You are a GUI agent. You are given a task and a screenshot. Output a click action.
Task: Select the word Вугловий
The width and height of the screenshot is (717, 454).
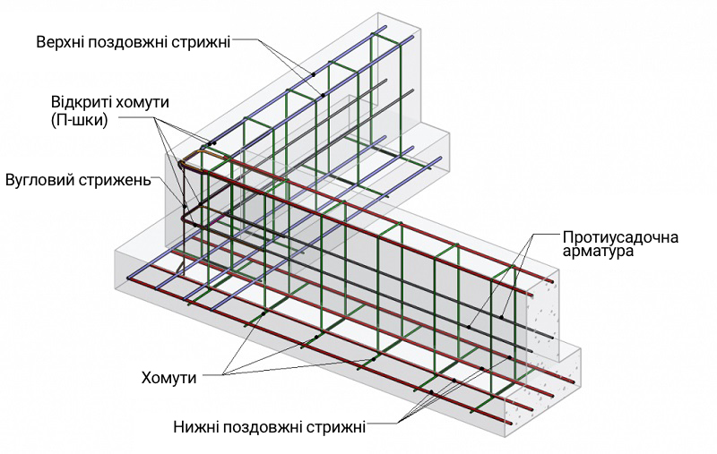click(40, 179)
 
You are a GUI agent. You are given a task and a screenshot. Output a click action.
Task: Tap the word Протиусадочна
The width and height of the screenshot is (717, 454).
click(620, 237)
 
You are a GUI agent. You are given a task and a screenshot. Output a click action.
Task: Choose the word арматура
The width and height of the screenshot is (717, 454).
click(598, 252)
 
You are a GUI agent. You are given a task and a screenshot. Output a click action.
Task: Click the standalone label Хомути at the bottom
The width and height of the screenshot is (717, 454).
click(168, 378)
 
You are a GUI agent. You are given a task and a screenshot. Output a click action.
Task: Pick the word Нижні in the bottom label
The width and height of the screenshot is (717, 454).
click(194, 427)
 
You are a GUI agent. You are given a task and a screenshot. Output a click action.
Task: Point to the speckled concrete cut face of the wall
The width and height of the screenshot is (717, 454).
click(543, 319)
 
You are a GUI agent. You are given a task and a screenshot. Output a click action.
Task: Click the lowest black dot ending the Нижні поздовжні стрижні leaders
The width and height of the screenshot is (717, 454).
click(431, 392)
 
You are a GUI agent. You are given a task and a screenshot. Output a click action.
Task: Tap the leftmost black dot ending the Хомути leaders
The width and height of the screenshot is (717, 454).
click(263, 313)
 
